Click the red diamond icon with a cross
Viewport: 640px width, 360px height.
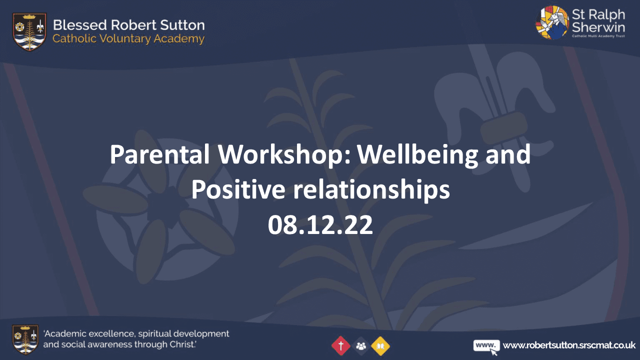pos(340,345)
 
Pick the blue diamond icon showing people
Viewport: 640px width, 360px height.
pos(360,345)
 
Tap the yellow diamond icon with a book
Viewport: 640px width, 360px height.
pos(380,345)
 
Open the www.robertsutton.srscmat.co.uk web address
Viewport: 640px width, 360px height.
pos(569,345)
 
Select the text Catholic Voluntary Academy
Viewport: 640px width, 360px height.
pos(128,39)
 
